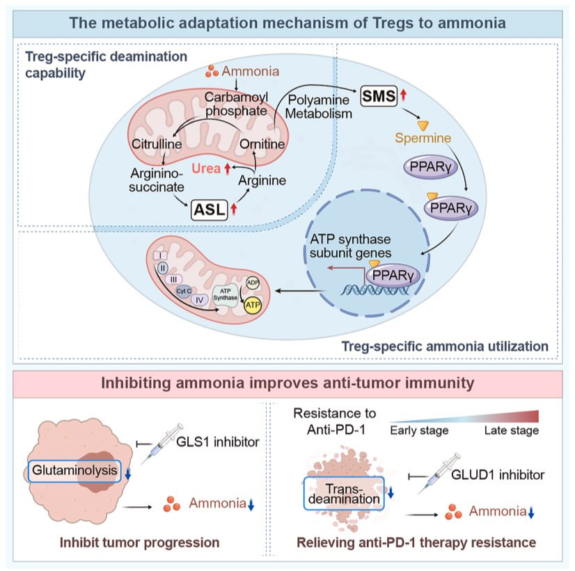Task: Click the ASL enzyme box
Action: pos(210,210)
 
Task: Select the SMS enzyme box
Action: pos(379,96)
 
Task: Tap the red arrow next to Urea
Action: pos(228,169)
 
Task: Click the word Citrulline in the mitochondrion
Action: pos(157,144)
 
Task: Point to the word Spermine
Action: pos(423,138)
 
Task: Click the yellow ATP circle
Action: pos(253,305)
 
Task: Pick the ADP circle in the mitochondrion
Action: pos(253,283)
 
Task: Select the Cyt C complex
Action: pos(184,291)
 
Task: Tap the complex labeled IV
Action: pos(199,300)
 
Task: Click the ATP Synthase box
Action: pos(225,295)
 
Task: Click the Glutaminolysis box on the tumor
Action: pos(74,471)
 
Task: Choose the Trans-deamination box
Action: pos(344,494)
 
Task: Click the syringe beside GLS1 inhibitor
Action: pos(162,444)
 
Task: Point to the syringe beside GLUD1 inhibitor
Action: pos(439,473)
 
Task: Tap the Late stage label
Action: pos(511,430)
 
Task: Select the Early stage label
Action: pos(419,430)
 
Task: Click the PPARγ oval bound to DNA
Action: pos(393,275)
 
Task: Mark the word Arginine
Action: pos(262,180)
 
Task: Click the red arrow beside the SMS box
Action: pos(403,95)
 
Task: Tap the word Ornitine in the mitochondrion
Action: pos(262,144)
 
